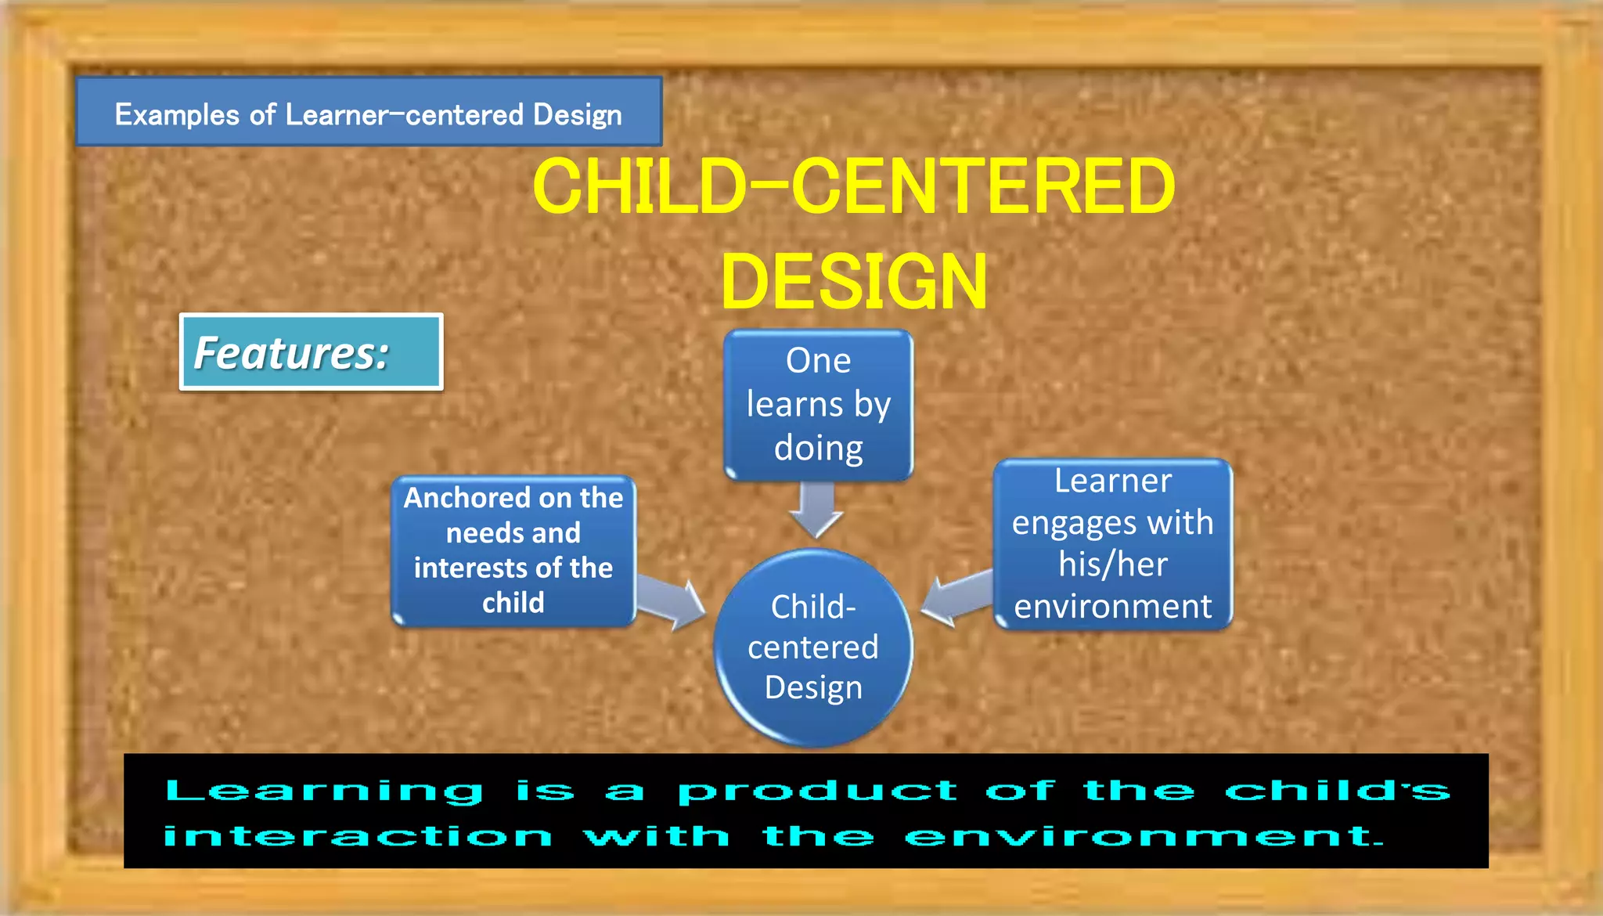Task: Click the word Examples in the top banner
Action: pos(177,115)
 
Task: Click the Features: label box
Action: pos(311,352)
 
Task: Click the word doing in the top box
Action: pos(818,449)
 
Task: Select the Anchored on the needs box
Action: pos(513,550)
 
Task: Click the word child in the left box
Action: pos(513,603)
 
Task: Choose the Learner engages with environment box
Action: pos(1112,543)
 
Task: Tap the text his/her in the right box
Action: pos(1112,564)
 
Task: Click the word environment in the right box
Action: pos(1112,607)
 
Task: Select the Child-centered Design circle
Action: pos(813,647)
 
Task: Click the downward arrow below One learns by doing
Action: pos(816,510)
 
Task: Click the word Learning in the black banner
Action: pos(325,791)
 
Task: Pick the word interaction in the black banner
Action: pos(358,836)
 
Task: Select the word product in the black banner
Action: pos(818,791)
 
